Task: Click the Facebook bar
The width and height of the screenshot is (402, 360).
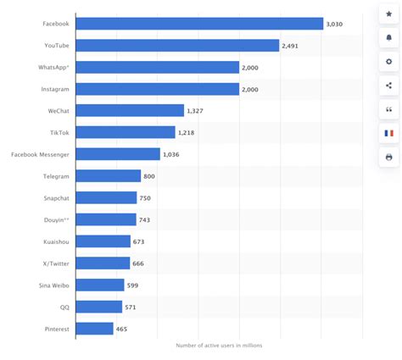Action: (199, 24)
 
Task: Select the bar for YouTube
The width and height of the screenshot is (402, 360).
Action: (177, 45)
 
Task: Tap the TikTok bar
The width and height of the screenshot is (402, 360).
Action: (126, 132)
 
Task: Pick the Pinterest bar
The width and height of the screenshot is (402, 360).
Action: (94, 328)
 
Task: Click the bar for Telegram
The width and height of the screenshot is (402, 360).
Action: (109, 175)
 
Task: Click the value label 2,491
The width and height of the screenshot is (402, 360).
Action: (293, 45)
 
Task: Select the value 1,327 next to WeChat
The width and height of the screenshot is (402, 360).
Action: (197, 110)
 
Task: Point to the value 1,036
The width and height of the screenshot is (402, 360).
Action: (173, 154)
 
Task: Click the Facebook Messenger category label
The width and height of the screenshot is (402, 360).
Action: (40, 154)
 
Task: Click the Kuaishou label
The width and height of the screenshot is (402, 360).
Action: (55, 241)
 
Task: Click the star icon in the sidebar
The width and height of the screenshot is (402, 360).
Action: (388, 14)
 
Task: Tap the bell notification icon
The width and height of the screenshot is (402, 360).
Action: (388, 38)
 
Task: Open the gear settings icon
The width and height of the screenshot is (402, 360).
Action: (388, 62)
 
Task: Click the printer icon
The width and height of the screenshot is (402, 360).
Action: (388, 157)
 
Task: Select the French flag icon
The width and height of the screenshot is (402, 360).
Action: (388, 133)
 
